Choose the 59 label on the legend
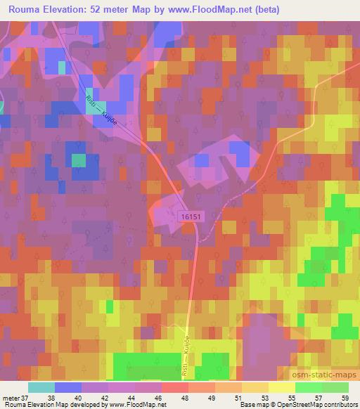point(345,398)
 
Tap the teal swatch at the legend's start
point(41,387)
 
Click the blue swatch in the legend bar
point(68,387)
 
